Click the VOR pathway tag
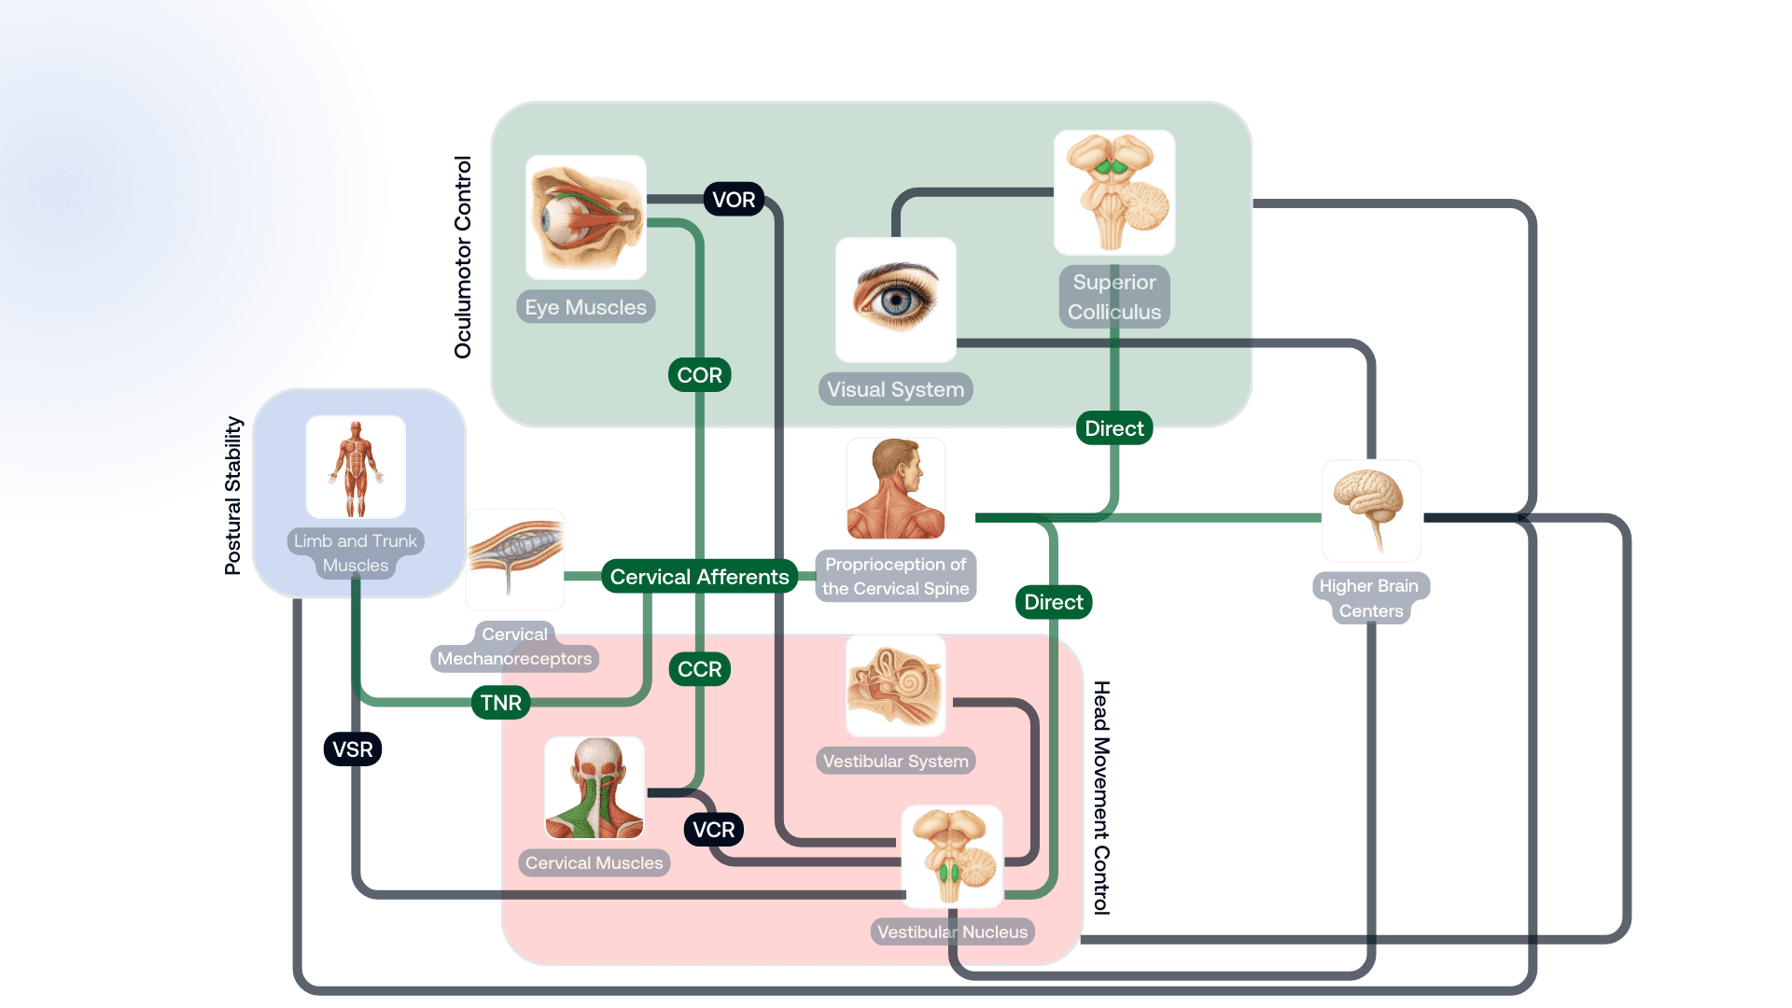734,200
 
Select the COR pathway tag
699,375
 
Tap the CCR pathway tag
699,669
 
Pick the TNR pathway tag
501,703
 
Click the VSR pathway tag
353,749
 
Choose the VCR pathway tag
714,830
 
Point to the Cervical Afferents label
699,577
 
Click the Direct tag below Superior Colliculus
1114,428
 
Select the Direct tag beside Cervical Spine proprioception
1054,602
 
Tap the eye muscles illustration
586,217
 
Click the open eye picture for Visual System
896,300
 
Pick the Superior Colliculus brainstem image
1114,192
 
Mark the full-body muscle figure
356,467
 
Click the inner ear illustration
896,686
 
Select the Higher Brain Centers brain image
1371,511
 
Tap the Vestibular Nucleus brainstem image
952,857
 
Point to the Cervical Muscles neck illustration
595,788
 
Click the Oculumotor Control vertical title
463,257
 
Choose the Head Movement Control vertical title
1101,798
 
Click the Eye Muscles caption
585,307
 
